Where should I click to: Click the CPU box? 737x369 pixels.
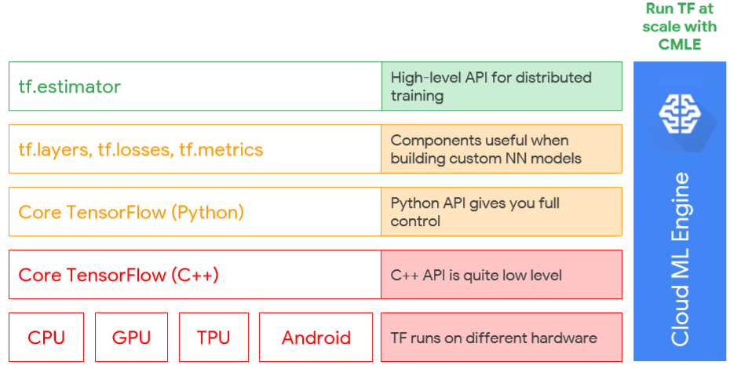coord(46,337)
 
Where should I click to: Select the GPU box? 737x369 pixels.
coord(131,337)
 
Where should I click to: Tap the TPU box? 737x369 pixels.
coord(213,337)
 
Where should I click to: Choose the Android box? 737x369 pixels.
coord(316,337)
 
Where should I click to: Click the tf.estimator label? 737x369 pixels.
coord(70,86)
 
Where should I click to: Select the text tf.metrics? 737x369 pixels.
coord(221,149)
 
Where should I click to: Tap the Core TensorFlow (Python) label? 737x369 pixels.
coord(131,213)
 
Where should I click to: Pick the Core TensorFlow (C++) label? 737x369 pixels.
coord(119,275)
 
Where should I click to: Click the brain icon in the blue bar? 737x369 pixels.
coord(680,114)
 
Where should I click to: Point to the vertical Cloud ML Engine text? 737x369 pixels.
coord(680,259)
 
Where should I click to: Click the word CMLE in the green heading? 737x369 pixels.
coord(680,44)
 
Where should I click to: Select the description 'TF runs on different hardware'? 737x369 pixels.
coord(494,338)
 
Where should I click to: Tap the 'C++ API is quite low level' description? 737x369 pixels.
coord(476,275)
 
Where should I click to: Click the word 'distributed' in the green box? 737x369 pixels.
coord(553,77)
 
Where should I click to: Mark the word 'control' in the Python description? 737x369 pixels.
coord(415,221)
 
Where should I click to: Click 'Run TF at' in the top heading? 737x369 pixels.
coord(680,9)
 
